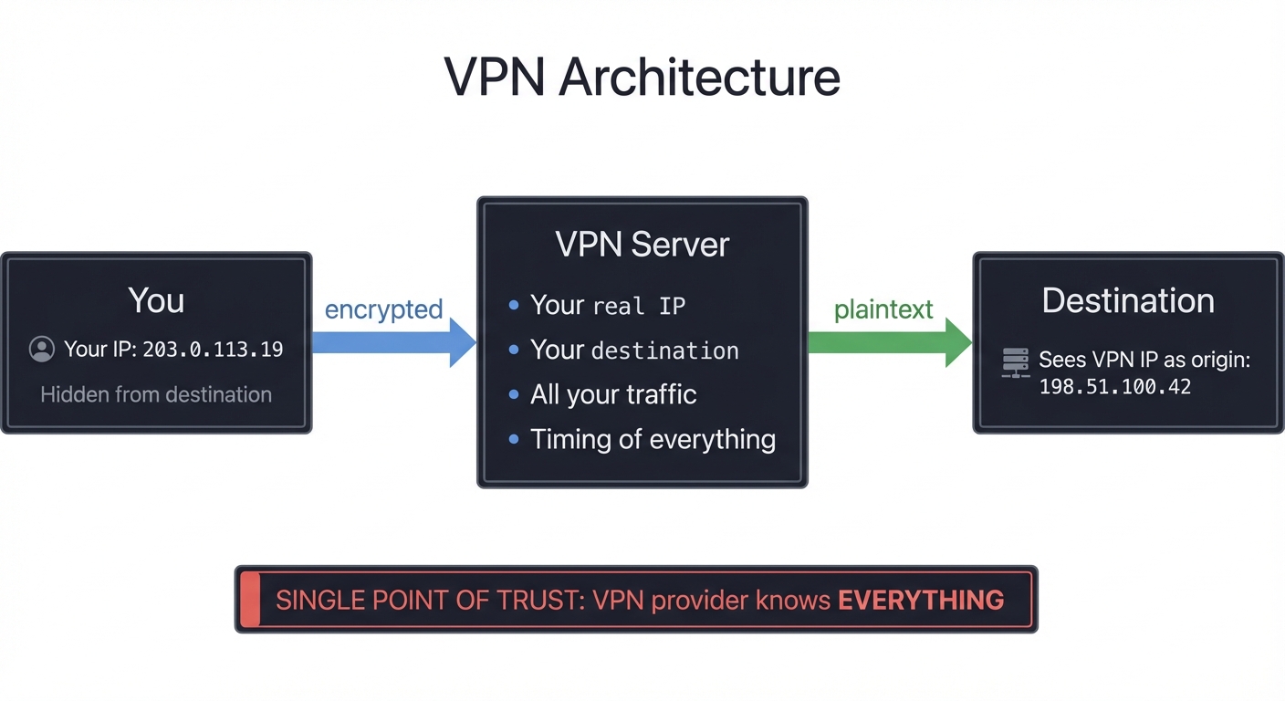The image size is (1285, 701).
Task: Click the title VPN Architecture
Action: [x=642, y=77]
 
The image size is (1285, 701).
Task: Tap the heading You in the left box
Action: [x=156, y=300]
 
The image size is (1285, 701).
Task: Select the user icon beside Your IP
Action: [x=42, y=349]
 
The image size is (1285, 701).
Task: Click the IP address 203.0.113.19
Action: [x=213, y=350]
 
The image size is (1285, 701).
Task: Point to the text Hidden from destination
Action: [x=156, y=394]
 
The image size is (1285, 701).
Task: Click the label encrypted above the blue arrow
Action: [x=383, y=309]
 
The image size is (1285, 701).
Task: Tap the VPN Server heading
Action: [x=642, y=245]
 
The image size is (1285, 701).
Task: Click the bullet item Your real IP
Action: [x=607, y=305]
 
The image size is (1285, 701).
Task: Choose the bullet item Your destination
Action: [x=634, y=350]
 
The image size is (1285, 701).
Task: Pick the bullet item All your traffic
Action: [x=613, y=394]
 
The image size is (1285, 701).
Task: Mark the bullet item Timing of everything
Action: [x=653, y=439]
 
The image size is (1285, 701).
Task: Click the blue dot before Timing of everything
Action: [x=514, y=440]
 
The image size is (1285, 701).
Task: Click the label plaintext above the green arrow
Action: [x=883, y=309]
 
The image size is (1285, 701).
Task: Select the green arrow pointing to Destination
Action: [x=890, y=343]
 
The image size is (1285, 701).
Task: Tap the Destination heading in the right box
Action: [x=1128, y=300]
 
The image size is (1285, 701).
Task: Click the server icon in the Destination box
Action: [x=1015, y=362]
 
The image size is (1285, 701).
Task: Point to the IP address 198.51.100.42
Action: [x=1115, y=387]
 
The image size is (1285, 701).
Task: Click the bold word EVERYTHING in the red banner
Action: [x=921, y=600]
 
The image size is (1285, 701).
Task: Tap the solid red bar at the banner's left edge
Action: [x=249, y=600]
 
